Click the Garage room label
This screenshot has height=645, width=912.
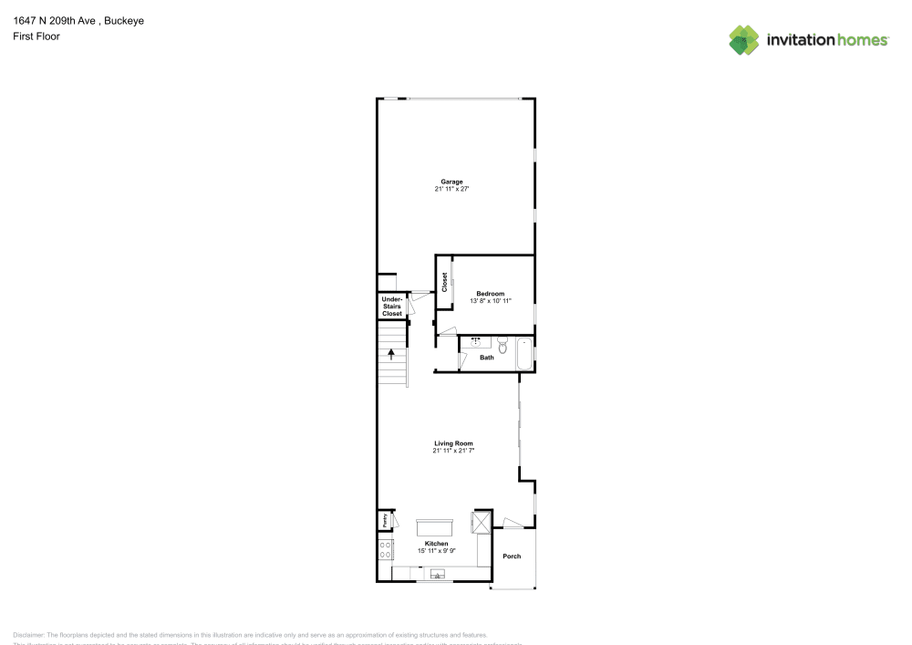tap(451, 182)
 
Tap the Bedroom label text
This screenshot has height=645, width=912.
tap(490, 294)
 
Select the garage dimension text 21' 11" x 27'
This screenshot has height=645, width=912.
tap(451, 189)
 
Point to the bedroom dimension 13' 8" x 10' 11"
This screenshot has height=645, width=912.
tap(490, 301)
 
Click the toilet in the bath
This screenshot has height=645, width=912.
tap(502, 344)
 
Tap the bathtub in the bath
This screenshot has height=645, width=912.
tap(525, 353)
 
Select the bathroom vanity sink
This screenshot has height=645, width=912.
tap(475, 342)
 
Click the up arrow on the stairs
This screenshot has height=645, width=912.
tap(392, 354)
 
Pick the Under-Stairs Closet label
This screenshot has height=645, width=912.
tap(391, 307)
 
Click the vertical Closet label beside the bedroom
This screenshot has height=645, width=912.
tap(445, 282)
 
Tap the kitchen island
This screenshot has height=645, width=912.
tap(435, 527)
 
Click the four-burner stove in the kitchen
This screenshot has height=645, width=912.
tap(386, 549)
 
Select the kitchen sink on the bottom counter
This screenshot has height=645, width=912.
tap(438, 575)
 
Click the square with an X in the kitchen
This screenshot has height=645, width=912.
tap(481, 523)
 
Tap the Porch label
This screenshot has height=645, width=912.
tap(512, 556)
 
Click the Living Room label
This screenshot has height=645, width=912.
tap(453, 443)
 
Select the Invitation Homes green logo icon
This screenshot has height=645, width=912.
tap(744, 39)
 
